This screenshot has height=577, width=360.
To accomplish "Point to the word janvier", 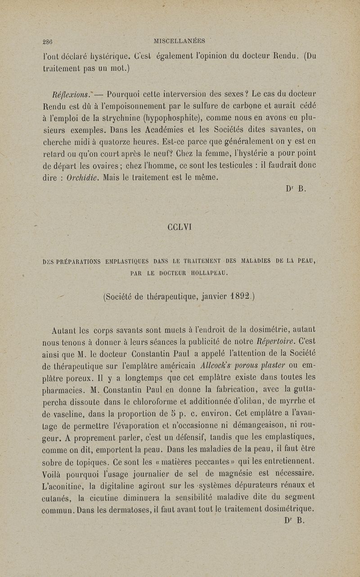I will [210, 296].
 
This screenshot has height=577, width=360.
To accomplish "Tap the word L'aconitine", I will [61, 485].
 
